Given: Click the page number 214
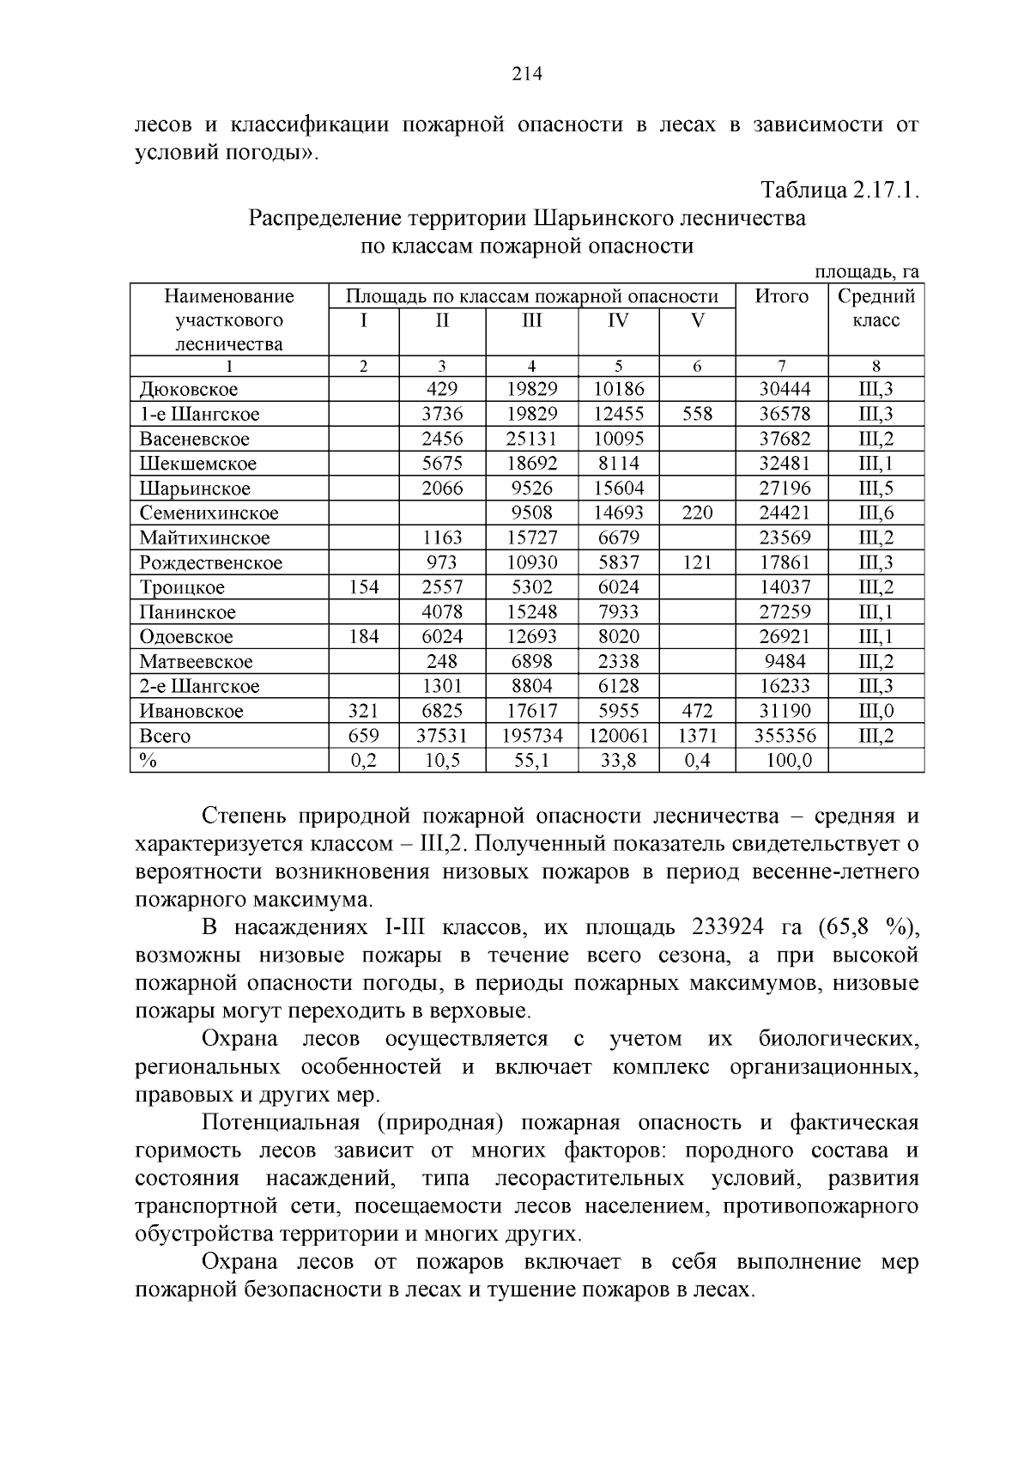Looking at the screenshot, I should [527, 75].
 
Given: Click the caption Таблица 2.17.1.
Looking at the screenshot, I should [840, 191].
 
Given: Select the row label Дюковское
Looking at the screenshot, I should [189, 390].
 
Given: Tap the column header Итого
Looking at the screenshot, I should [781, 297].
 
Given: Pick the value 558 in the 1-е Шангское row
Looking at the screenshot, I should [697, 415].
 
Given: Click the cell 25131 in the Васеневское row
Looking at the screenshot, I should [531, 439].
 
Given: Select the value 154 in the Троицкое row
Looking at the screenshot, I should [364, 588].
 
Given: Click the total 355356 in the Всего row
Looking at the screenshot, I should [785, 737].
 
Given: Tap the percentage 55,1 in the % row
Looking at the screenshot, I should [531, 761].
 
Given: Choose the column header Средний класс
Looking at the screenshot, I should [875, 308].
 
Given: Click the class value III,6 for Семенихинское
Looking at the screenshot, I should [875, 513].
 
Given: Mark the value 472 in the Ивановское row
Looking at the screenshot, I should [697, 712].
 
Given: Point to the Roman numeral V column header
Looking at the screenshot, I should [697, 321].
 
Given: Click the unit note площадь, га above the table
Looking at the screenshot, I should [866, 272].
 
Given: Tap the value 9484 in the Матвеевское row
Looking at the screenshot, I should [785, 662].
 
